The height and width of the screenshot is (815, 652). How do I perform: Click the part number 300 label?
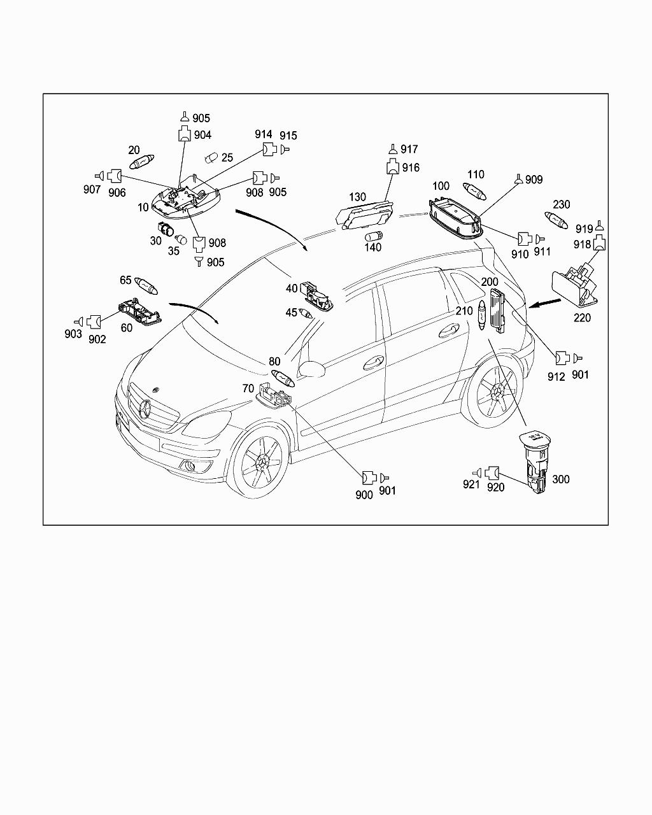[561, 479]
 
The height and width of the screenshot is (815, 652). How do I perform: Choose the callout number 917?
[409, 149]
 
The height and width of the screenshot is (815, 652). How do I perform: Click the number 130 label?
[357, 197]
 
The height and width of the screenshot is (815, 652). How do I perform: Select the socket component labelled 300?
[534, 464]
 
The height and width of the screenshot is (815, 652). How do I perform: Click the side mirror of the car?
[311, 369]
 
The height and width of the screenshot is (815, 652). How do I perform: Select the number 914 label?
[264, 134]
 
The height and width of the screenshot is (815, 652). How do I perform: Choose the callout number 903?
[73, 334]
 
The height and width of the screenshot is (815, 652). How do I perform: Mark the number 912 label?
[556, 376]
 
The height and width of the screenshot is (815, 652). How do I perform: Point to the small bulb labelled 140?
[374, 237]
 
